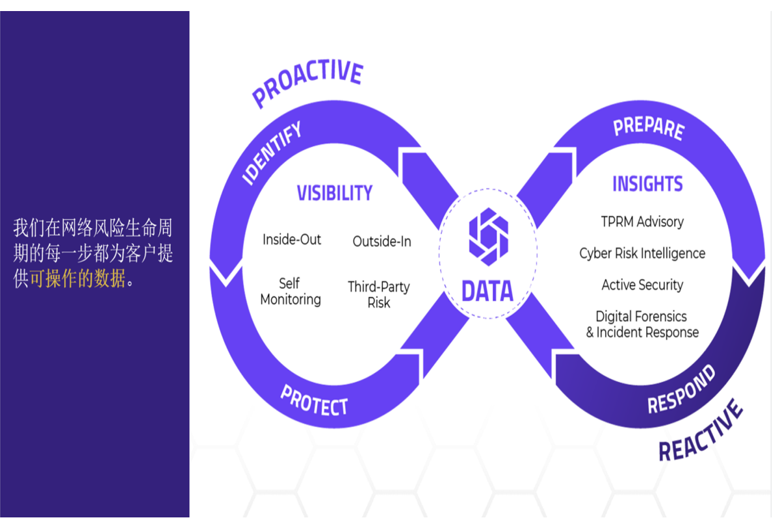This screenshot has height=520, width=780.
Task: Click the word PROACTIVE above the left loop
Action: pos(307,83)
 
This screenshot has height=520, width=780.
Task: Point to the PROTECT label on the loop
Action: pos(314,400)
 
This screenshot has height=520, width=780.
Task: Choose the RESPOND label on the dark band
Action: pos(681,389)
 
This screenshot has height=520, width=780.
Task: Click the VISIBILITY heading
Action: pos(335,193)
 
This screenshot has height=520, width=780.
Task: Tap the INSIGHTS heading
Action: pos(647,184)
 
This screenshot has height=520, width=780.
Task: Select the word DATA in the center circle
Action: pos(487,292)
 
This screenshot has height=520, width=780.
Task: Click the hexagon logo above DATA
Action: pos(488,237)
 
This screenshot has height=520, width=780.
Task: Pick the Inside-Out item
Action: pos(292,240)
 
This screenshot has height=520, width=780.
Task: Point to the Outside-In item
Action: pos(382,242)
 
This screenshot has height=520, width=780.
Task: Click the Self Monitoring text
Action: pos(290,292)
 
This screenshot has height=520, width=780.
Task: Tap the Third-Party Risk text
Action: pos(378,294)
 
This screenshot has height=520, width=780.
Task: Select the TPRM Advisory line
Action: pos(642,222)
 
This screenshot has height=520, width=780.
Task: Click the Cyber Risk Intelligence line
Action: pos(642,253)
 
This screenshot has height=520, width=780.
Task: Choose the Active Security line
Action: pos(642,285)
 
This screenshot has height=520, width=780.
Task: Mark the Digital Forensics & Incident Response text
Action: pos(642,324)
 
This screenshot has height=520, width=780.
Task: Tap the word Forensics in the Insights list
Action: pos(657,317)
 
